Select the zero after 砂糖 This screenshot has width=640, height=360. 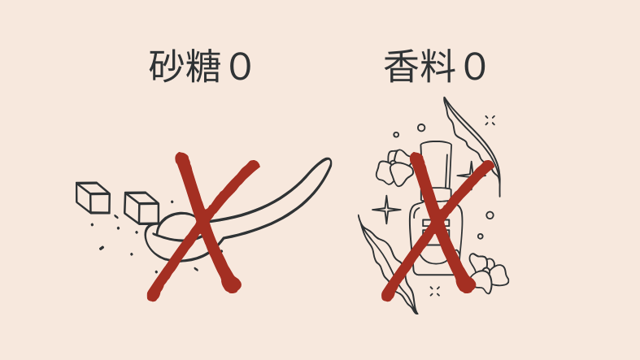tap(240, 67)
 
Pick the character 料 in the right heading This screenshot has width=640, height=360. tap(438, 66)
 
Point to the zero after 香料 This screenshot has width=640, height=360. tap(474, 67)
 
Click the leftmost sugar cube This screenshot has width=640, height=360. tap(93, 197)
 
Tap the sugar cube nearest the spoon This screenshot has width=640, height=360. tap(141, 208)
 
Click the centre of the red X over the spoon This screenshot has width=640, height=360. tap(202, 223)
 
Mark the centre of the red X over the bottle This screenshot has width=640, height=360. tap(438, 223)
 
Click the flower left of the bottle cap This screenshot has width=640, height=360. tap(394, 167)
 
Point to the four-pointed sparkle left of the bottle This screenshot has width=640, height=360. tap(386, 210)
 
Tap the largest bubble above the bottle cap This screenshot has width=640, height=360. tap(421, 128)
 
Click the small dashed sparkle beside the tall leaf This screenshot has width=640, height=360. tap(490, 120)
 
